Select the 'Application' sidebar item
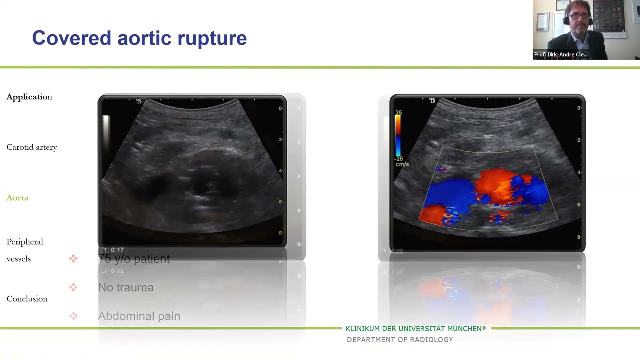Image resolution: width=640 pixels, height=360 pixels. tap(29, 97)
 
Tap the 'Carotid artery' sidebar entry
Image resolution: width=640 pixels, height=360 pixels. tap(32, 147)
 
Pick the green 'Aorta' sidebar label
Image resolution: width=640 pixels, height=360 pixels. tap(17, 198)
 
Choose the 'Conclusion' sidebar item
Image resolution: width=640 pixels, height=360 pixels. tap(27, 299)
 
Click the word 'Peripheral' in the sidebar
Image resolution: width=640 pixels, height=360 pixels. tap(25, 242)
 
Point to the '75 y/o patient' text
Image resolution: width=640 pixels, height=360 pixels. tap(134, 259)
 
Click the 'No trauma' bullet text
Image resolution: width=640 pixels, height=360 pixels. tap(126, 287)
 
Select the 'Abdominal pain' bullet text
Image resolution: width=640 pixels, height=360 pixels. tap(139, 316)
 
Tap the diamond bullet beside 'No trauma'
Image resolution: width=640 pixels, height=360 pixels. tap(73, 287)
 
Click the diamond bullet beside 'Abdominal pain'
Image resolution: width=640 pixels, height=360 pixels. tap(73, 316)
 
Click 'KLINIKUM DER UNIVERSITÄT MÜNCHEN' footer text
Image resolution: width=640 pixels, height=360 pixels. tap(415, 329)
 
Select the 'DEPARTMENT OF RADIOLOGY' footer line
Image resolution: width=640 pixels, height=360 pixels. tap(400, 340)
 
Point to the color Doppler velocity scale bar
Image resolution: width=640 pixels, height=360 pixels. tap(398, 135)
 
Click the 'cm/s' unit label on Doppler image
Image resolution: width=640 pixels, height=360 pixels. tap(402, 164)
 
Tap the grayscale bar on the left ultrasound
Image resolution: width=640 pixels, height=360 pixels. tap(106, 132)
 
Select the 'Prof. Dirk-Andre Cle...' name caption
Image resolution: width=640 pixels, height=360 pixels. tap(561, 55)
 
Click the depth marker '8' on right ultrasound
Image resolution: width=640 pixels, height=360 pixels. tap(579, 237)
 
